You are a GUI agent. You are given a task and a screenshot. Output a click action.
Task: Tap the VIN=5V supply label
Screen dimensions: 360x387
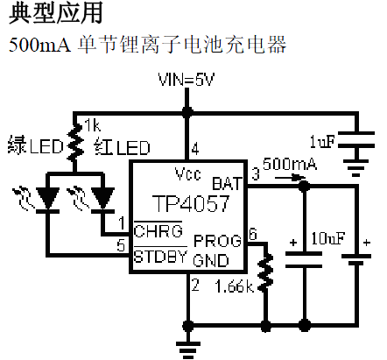point(186,81)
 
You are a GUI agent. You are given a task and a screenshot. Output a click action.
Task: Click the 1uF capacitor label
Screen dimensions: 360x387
point(324,141)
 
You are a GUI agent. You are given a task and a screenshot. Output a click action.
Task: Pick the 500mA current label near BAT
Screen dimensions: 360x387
point(289,164)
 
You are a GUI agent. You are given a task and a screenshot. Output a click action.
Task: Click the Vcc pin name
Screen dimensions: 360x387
point(187,171)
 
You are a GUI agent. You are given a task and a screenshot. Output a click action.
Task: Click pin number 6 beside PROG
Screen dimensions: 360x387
point(253,233)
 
